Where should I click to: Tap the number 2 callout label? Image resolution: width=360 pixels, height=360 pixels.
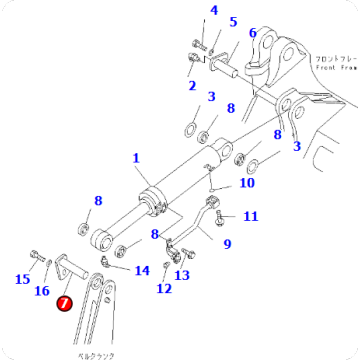pos(191,86)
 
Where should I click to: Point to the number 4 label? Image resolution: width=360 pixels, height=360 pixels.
pos(212,11)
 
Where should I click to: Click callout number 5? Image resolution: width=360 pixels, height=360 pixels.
pos(233,22)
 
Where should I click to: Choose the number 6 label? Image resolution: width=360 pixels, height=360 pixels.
pos(252,32)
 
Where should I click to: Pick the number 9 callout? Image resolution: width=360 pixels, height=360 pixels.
pos(227,242)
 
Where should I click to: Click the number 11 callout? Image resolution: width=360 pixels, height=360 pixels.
pos(250,216)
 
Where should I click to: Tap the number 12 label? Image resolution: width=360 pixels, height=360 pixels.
pos(163,289)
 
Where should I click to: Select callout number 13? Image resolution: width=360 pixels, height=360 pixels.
pos(182,275)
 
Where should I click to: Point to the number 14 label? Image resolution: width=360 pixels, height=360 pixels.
pos(142,270)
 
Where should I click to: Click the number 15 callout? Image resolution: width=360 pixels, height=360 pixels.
pos(22,279)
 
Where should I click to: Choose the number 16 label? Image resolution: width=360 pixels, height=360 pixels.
pos(41,290)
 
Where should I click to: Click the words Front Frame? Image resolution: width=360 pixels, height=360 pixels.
pos(330,62)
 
